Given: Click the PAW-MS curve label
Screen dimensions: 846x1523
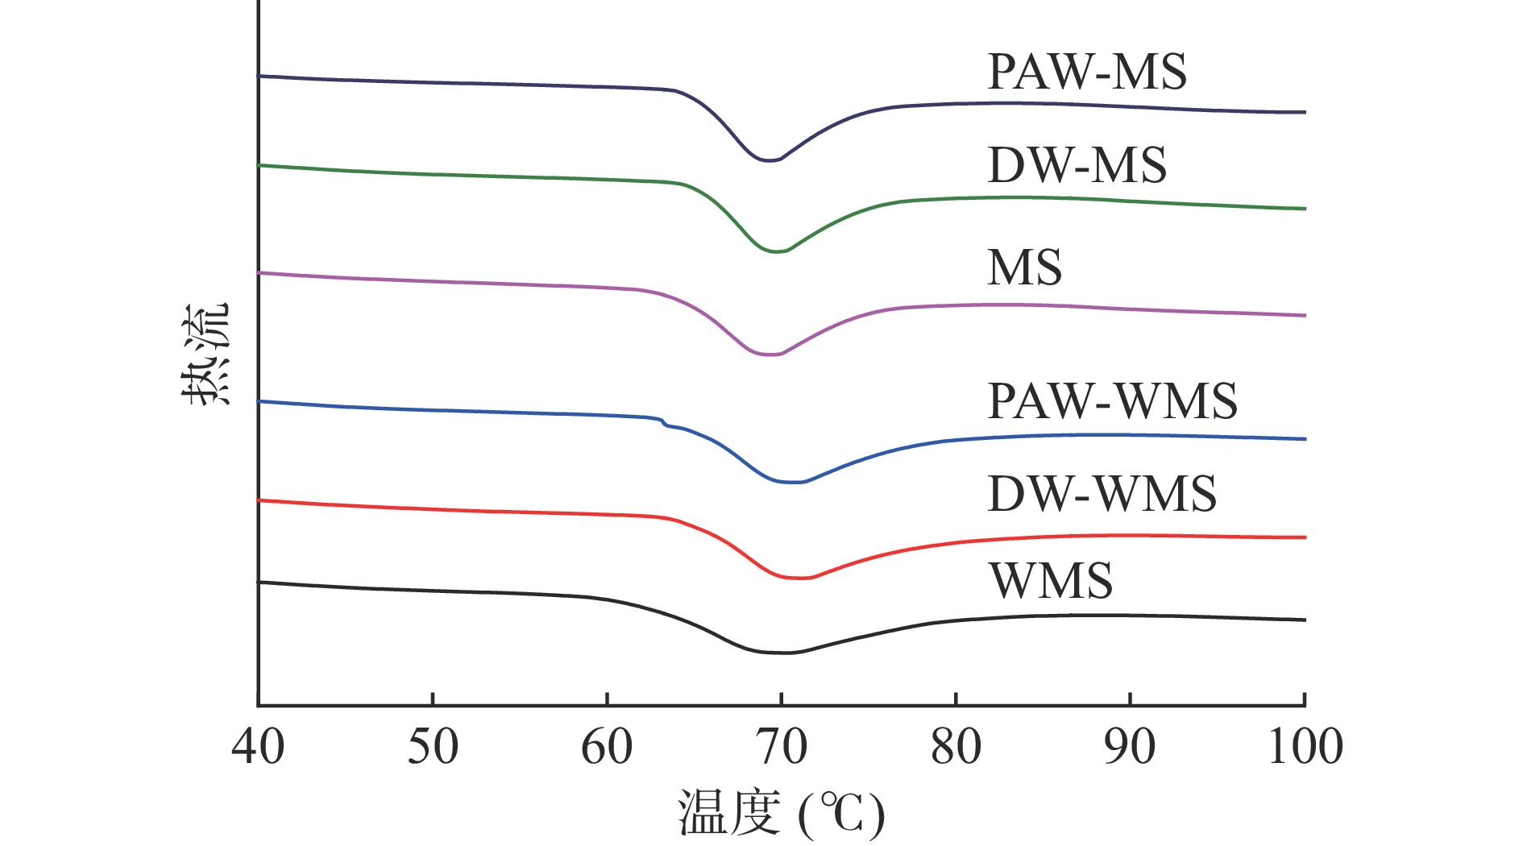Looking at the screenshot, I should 1086,73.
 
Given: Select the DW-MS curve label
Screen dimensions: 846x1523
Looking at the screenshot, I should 1077,165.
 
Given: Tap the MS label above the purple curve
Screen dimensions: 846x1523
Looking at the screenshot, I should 1024,267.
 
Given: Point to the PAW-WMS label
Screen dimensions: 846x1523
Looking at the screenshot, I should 1112,401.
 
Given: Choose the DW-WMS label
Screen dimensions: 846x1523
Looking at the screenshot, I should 1102,493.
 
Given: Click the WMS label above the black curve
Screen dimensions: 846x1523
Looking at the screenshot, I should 1051,581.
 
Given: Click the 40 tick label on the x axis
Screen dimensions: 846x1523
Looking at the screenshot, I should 258,747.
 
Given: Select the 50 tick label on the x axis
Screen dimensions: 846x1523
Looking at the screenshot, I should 433,747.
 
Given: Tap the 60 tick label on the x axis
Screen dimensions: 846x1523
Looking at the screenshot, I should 607,747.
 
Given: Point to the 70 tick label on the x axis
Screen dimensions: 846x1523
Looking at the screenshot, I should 782,747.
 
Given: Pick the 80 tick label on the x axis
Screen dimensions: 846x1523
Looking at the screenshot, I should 956,747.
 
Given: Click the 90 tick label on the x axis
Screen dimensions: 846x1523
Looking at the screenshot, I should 1130,747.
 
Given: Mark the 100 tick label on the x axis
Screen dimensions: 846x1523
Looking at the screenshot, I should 1305,747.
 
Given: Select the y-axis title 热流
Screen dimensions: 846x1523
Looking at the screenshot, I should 205,355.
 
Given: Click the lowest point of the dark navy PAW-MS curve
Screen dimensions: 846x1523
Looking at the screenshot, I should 768,161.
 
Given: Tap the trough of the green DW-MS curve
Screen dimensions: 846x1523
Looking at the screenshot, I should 776,252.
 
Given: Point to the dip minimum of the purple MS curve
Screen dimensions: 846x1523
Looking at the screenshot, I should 770,355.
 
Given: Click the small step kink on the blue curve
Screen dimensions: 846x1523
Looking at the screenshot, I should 663,422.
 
